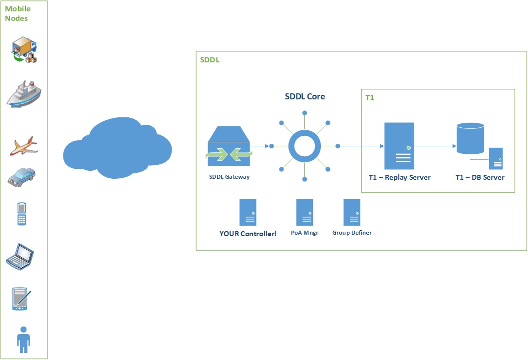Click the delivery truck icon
(x=24, y=50)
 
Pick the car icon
(x=22, y=176)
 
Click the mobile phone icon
(x=21, y=213)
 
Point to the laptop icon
(x=20, y=256)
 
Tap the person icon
(x=23, y=339)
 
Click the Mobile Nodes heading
(x=17, y=13)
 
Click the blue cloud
(x=117, y=148)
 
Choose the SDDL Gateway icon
(x=229, y=146)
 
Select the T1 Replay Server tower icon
(x=399, y=146)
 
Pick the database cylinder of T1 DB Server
(x=471, y=138)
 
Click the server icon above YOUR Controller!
(x=248, y=213)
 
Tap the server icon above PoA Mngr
(x=304, y=213)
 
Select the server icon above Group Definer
(x=352, y=213)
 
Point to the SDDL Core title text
(x=304, y=96)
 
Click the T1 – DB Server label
(x=480, y=177)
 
